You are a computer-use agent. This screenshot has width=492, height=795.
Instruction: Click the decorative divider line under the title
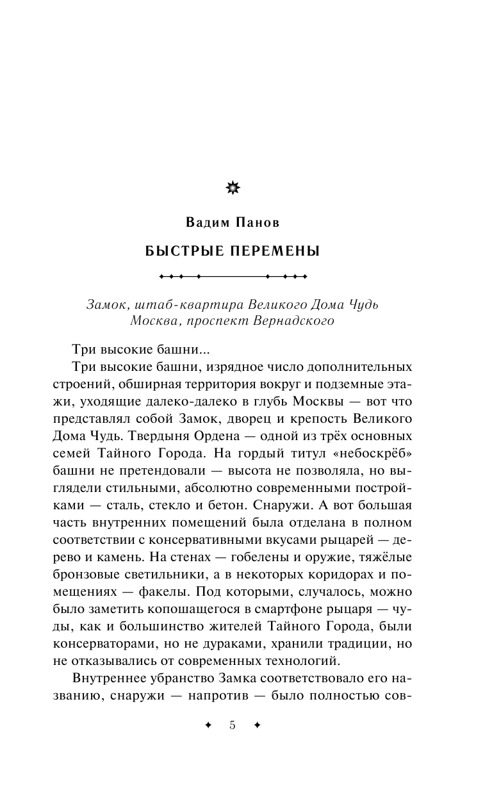[233, 277]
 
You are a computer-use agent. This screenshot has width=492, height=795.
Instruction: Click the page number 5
[232, 725]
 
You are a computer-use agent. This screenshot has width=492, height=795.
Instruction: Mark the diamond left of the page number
[207, 725]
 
